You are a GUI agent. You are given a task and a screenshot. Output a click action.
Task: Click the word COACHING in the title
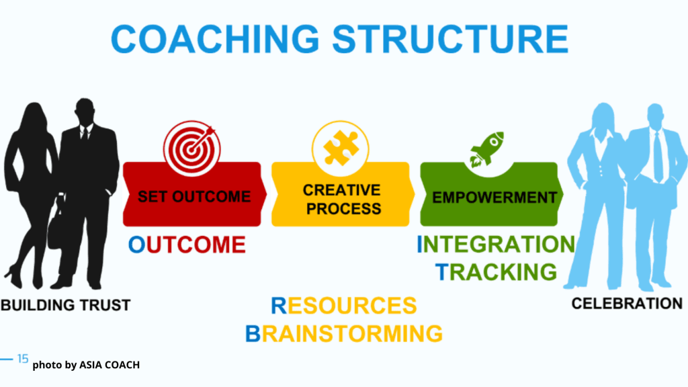(215, 38)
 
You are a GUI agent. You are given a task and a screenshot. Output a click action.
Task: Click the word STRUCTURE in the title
(451, 38)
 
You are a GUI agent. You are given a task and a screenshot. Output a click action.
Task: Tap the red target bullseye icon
(191, 148)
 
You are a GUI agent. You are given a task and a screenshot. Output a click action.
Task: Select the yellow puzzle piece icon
(341, 148)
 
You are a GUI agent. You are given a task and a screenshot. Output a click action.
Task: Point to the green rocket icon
(486, 150)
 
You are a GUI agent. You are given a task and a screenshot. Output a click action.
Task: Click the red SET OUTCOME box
(194, 194)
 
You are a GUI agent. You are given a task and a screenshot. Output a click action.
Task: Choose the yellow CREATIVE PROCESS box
(343, 194)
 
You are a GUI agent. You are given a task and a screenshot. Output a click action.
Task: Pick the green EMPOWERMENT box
(491, 194)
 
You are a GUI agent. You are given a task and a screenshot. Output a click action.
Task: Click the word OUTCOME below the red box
(187, 245)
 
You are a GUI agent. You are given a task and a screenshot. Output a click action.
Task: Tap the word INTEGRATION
(496, 244)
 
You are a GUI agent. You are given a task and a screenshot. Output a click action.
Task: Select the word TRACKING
(497, 271)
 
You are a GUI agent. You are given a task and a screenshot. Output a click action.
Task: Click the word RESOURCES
(343, 306)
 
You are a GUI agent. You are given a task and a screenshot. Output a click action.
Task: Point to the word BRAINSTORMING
(343, 333)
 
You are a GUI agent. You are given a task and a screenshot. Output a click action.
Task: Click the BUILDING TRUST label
(66, 305)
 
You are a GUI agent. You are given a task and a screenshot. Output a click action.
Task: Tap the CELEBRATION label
(627, 303)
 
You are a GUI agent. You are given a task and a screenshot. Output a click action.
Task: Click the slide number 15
(23, 359)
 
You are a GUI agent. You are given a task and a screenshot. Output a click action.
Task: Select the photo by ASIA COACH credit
(86, 365)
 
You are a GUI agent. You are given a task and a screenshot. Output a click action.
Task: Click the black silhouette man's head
(84, 112)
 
